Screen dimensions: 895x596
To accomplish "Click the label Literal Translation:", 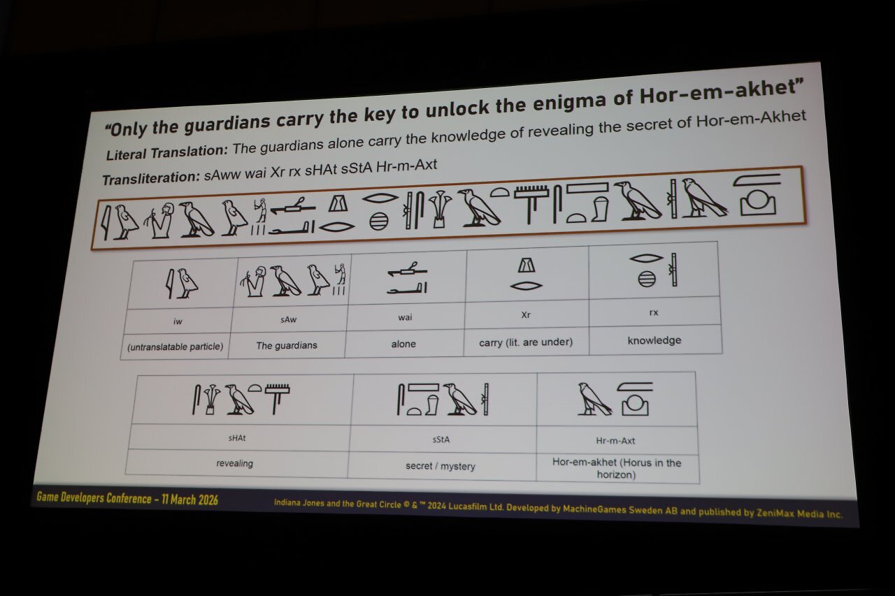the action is point(166,152).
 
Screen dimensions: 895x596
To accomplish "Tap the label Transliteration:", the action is point(151,178).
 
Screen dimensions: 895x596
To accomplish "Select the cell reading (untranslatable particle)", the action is point(176,347).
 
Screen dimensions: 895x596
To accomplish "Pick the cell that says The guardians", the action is point(287,345).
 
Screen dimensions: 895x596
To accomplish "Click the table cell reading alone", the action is point(403,344).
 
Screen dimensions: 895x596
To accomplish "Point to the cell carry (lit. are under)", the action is point(526,342).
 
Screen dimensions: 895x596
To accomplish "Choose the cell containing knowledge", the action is point(654,340).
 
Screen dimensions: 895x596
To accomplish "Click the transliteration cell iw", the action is point(178,321).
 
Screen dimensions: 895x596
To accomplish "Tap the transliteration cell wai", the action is point(405,317).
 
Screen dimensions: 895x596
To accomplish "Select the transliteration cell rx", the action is point(654,312).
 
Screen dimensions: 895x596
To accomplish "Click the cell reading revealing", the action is point(234,463).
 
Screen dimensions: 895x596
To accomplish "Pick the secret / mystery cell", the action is point(441,466).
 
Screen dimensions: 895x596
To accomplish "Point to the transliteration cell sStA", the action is point(441,439).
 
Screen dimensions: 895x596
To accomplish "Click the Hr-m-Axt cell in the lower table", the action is point(615,441).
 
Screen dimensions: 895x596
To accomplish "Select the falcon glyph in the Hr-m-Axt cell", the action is point(594,399).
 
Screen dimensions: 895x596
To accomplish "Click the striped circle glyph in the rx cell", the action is point(647,279).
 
